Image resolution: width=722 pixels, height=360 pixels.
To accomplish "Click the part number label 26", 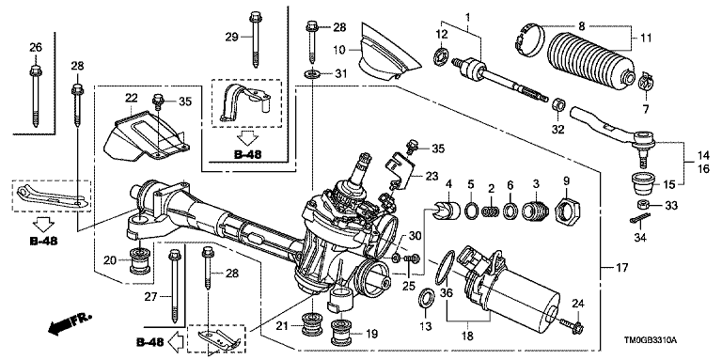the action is pos(36,47).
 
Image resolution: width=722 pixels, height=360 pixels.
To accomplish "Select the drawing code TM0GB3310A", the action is pos(650,341).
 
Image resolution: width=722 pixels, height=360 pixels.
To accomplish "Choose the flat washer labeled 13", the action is pos(426,299).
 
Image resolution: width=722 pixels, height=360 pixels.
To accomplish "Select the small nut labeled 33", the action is pos(642,205).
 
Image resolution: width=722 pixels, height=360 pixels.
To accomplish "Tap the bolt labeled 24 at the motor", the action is pos(573,326).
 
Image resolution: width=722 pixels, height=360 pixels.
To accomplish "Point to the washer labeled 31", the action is pos(313,73).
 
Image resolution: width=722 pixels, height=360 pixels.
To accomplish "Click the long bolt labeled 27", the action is pos(175,285).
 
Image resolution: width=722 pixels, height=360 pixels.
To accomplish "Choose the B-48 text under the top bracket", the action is pos(247,154).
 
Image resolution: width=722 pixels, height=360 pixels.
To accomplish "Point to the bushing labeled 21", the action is pos(311,324).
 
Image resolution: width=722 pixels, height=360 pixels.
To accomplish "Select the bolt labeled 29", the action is pos(254,39).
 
